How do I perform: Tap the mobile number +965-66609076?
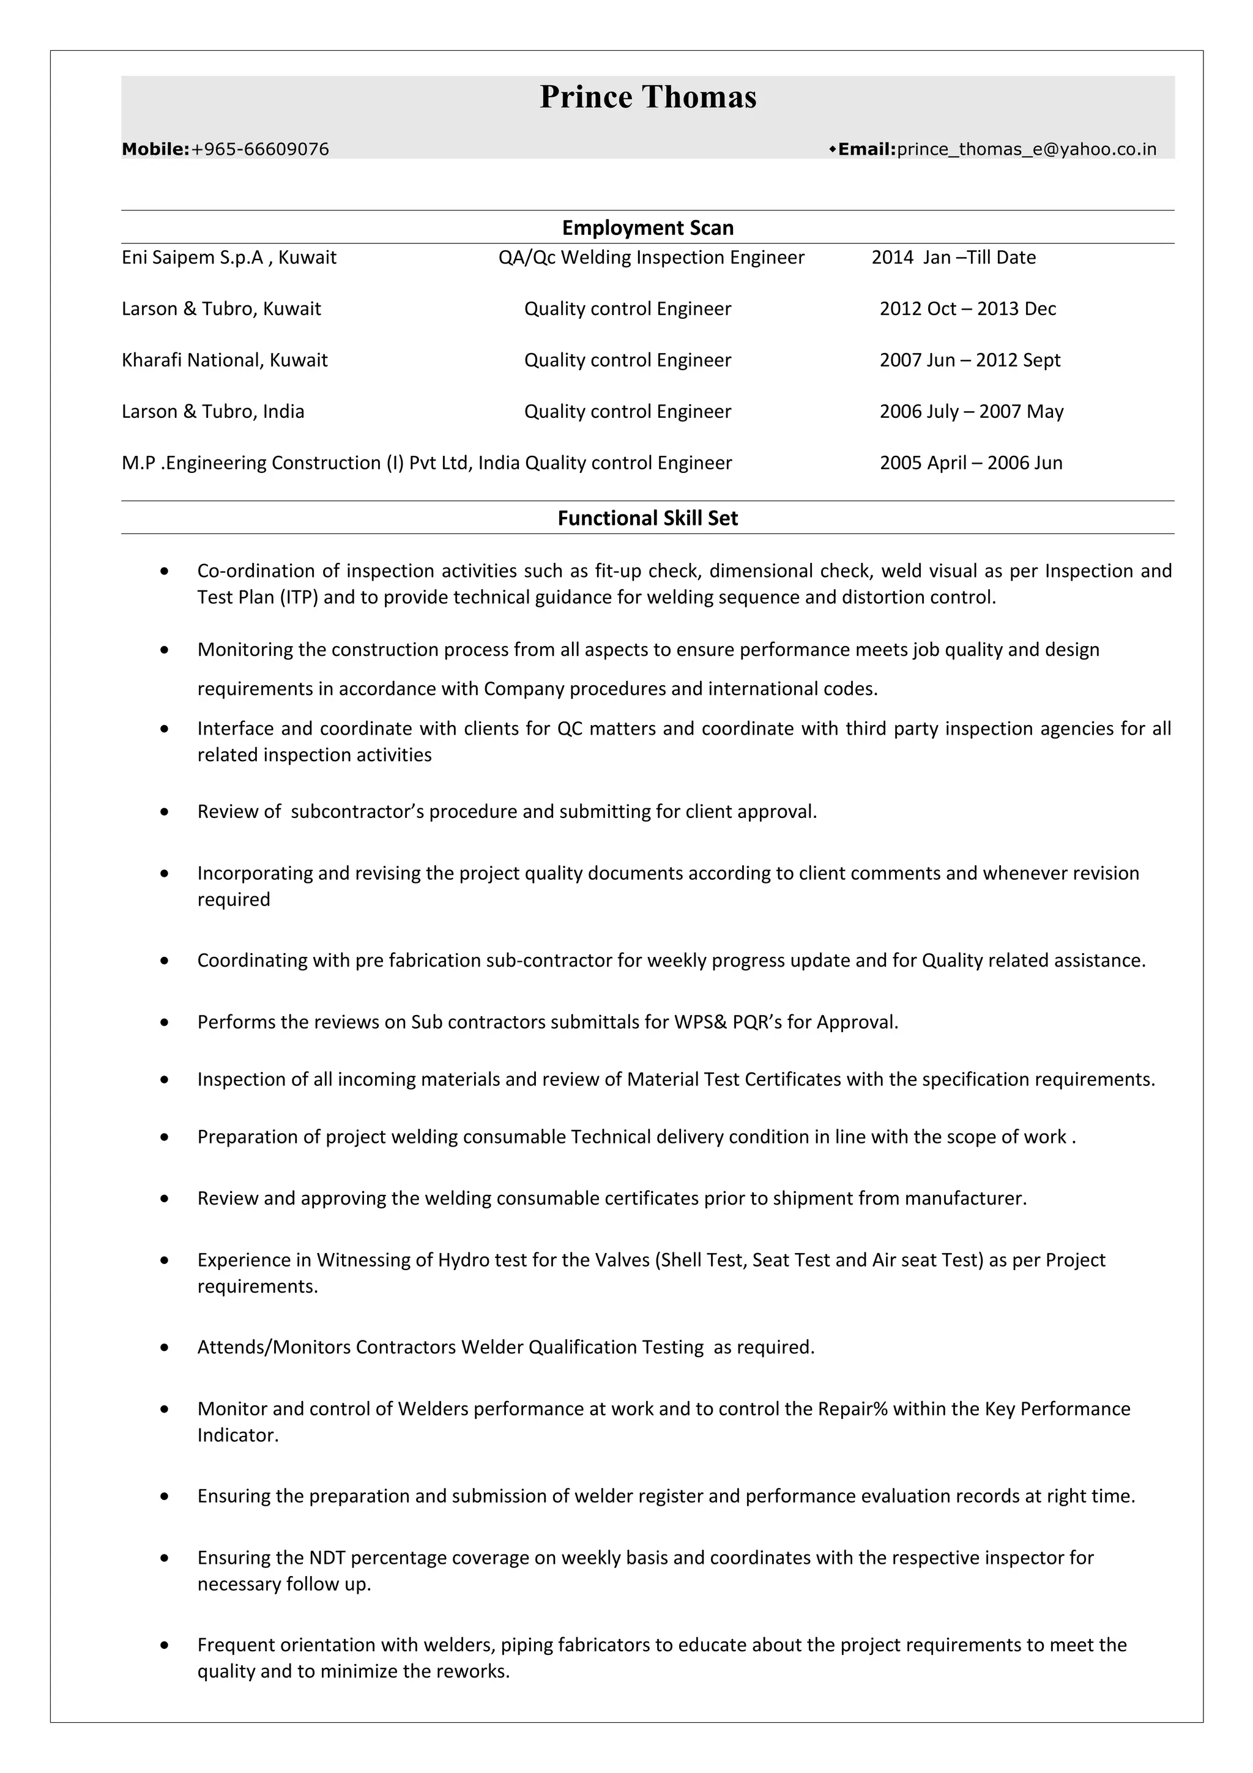pyautogui.click(x=260, y=150)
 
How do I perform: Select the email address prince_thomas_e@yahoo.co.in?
pyautogui.click(x=1027, y=150)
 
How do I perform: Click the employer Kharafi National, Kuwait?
pyautogui.click(x=224, y=360)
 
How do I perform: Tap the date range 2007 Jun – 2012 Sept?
pyautogui.click(x=970, y=360)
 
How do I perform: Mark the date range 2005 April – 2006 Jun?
pyautogui.click(x=970, y=463)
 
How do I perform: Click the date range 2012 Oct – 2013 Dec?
pyautogui.click(x=967, y=309)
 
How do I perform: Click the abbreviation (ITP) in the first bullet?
pyautogui.click(x=299, y=598)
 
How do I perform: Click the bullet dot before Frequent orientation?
pyautogui.click(x=165, y=1646)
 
